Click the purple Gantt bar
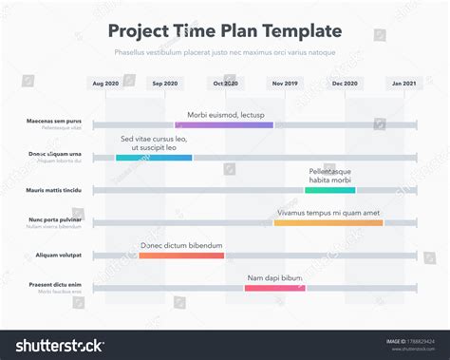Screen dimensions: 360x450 224,124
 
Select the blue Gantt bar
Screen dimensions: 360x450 154,158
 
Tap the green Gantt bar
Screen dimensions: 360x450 329,190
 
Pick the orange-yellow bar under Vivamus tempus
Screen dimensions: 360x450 328,222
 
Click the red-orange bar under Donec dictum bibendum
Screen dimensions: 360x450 181,255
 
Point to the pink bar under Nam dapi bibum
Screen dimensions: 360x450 274,288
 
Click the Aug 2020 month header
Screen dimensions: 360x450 105,84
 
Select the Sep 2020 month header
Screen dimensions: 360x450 164,84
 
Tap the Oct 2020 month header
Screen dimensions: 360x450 225,84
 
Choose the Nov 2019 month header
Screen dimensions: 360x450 285,84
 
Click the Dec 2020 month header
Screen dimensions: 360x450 345,84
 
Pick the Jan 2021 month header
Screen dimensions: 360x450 403,84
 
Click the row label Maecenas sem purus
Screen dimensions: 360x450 54,122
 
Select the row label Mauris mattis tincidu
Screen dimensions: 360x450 54,190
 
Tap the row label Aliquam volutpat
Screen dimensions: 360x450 59,255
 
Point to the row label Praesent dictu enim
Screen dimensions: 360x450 54,284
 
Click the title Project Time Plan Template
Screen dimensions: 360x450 224,31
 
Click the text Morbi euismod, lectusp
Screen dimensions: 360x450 226,114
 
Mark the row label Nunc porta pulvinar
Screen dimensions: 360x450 55,219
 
